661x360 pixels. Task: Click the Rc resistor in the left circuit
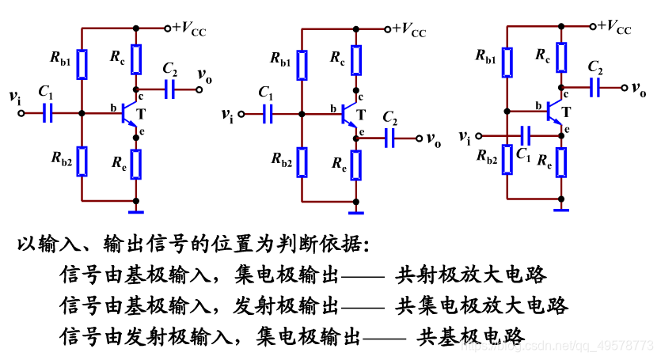(136, 59)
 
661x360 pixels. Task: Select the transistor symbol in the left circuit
(128, 114)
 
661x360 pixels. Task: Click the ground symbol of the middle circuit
(357, 211)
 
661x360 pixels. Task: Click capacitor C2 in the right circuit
(596, 87)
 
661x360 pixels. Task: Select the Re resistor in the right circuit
(561, 162)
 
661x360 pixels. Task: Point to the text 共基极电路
(471, 335)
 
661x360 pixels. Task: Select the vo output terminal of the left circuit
(199, 89)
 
